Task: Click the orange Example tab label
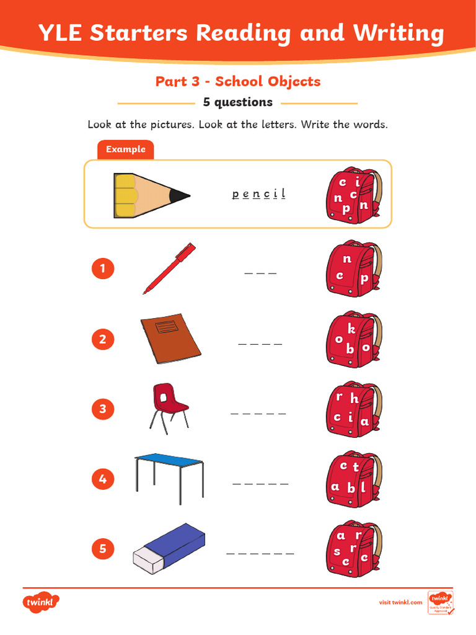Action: click(125, 149)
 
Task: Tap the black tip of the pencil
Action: click(180, 195)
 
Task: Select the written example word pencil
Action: click(258, 194)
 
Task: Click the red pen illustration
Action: click(169, 268)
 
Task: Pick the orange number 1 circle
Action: click(103, 269)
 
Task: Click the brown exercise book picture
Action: click(170, 339)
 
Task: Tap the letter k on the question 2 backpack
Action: click(351, 329)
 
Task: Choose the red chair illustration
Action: click(167, 406)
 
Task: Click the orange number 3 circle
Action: click(103, 409)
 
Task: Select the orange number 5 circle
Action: click(103, 549)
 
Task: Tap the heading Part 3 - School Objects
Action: click(238, 81)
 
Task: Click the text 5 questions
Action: click(238, 102)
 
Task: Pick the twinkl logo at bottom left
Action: click(41, 602)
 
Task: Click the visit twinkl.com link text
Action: click(400, 602)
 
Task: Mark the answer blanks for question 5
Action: click(260, 553)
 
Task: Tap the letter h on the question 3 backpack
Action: click(354, 399)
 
